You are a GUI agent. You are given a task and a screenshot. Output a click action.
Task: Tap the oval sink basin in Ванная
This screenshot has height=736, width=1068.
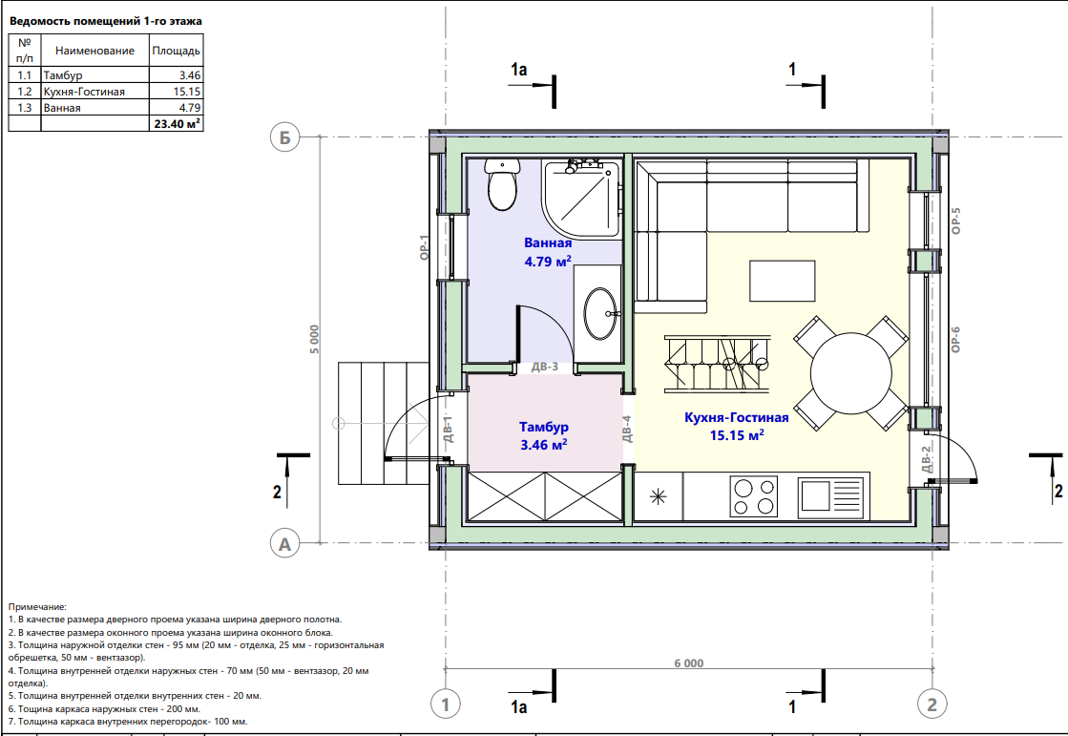(x=600, y=313)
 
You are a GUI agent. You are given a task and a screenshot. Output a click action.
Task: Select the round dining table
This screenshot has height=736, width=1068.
(x=850, y=372)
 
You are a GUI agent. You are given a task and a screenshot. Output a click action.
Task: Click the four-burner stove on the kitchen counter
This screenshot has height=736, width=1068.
(x=753, y=496)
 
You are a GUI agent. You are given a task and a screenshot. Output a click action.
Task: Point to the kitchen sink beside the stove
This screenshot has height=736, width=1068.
(x=831, y=496)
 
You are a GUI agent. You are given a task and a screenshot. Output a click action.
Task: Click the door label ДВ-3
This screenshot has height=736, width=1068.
(x=545, y=367)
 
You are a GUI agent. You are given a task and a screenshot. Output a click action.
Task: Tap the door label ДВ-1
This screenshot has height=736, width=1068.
(x=448, y=430)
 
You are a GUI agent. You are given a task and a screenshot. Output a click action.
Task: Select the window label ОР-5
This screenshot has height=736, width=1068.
(x=955, y=221)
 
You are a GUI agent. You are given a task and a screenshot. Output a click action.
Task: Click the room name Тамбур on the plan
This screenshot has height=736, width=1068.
(x=543, y=427)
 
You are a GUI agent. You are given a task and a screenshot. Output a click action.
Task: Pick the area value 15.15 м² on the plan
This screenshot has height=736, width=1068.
(x=736, y=434)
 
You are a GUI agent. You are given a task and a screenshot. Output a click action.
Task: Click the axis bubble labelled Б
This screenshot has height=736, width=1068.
(x=284, y=137)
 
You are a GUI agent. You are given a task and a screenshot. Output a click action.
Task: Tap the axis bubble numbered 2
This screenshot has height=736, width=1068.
(x=932, y=704)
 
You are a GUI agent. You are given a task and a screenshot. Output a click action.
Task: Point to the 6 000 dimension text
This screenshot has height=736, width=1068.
(x=688, y=663)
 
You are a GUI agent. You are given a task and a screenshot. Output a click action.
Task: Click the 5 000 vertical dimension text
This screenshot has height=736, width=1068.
(x=314, y=339)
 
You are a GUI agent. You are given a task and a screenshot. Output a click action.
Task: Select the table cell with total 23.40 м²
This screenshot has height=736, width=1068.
(x=177, y=123)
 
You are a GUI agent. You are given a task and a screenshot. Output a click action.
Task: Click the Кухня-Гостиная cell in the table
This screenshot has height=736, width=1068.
(x=84, y=92)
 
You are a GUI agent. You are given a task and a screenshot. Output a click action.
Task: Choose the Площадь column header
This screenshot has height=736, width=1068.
(x=176, y=51)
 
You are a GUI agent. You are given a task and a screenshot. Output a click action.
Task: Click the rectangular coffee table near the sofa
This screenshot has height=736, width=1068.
(x=783, y=281)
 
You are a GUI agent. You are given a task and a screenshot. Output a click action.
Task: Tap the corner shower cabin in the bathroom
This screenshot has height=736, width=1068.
(x=581, y=199)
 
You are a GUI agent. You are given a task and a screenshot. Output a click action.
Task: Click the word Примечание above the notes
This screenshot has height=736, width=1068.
(x=37, y=606)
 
